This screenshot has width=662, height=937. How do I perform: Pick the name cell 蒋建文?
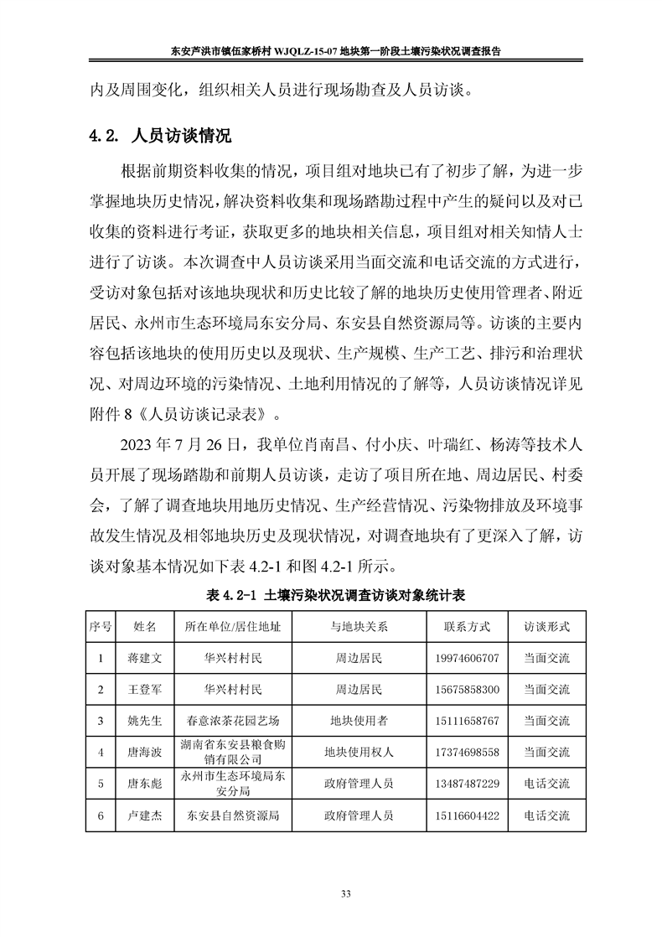tap(139, 658)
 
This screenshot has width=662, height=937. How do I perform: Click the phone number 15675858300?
tap(468, 689)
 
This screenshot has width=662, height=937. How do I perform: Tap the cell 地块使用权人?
tap(359, 752)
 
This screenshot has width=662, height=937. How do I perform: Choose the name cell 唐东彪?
tap(139, 784)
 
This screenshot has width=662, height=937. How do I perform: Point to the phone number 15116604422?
tap(468, 815)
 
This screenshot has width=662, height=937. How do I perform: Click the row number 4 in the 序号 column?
tap(101, 752)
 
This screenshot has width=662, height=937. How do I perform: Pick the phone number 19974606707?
tap(468, 658)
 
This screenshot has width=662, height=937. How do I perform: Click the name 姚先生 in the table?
tap(139, 721)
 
